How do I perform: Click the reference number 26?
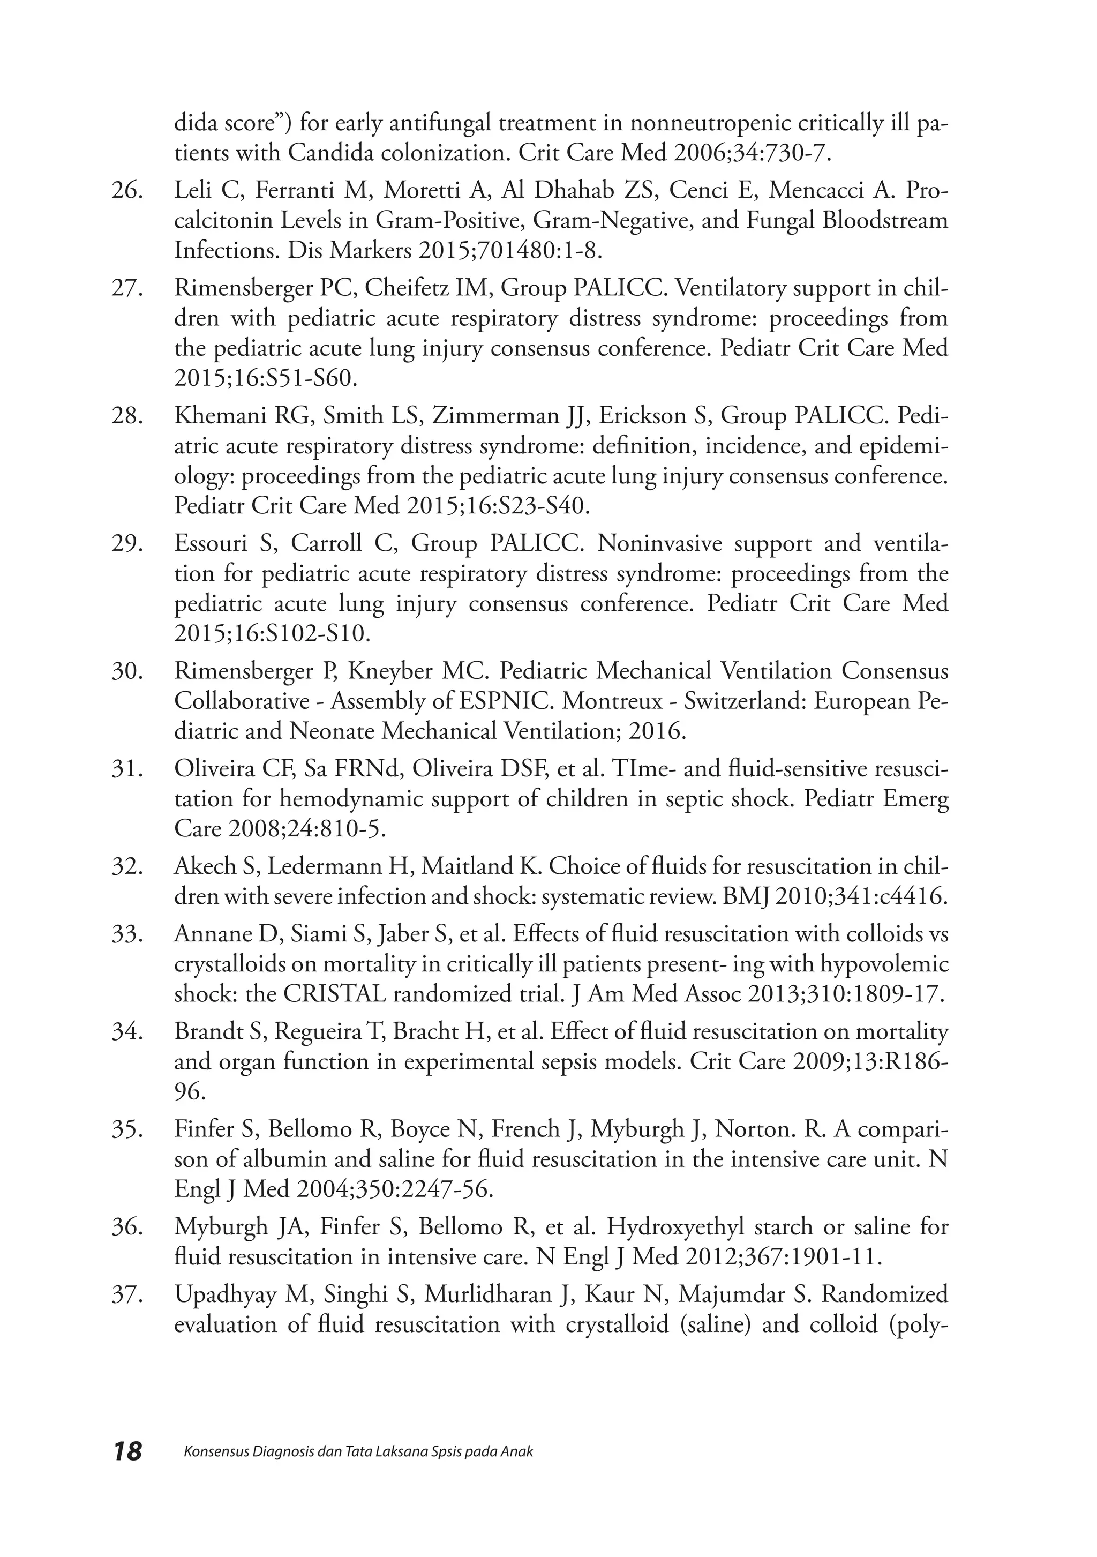(x=127, y=191)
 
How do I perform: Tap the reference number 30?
(x=127, y=671)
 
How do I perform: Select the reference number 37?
(x=127, y=1294)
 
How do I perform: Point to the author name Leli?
(x=193, y=191)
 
